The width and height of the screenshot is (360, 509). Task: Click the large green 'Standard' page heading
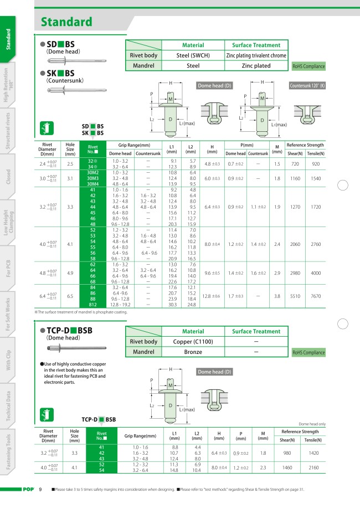66,22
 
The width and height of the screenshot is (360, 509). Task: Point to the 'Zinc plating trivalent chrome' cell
256,55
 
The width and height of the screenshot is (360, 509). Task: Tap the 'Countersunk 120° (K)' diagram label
307,86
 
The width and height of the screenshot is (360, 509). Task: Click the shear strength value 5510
295,296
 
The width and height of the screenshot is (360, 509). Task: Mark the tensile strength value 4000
316,273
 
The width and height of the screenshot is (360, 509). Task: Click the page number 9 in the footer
40,490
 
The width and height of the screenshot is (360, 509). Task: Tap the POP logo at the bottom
27,490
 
